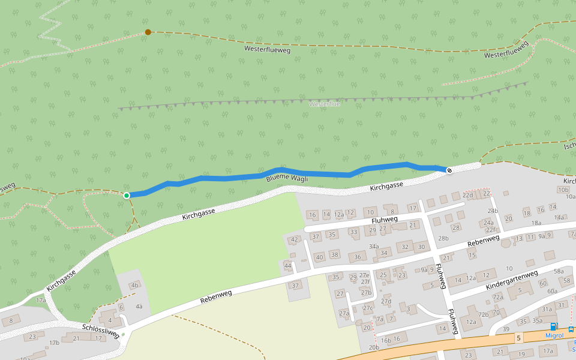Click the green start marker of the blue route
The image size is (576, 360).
click(127, 195)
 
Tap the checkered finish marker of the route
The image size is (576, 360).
click(449, 170)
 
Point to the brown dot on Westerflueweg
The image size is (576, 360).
click(148, 32)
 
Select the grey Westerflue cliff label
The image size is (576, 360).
click(324, 104)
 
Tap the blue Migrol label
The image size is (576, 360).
click(554, 335)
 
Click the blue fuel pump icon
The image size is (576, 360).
click(553, 327)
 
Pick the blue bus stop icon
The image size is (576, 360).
click(571, 329)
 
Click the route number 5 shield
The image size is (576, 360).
click(518, 338)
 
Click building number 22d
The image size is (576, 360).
click(467, 195)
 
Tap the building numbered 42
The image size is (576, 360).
click(294, 239)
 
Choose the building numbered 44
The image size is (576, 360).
click(288, 265)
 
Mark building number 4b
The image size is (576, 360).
click(134, 285)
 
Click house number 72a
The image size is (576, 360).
click(498, 297)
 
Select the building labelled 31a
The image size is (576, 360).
click(547, 310)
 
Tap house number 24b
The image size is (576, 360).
click(493, 211)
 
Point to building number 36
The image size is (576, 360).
click(358, 257)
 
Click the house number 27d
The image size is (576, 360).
click(386, 301)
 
